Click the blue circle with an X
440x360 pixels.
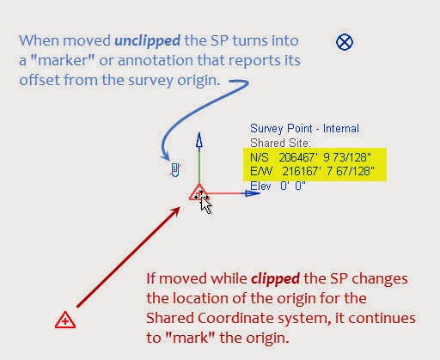tap(345, 41)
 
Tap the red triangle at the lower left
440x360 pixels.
tap(64, 320)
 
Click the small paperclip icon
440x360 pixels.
tap(174, 168)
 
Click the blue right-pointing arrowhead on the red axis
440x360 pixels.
tap(254, 193)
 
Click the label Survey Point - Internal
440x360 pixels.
tap(304, 128)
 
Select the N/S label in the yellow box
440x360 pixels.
tap(259, 157)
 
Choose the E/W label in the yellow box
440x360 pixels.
tap(259, 171)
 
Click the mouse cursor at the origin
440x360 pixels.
tap(205, 202)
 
